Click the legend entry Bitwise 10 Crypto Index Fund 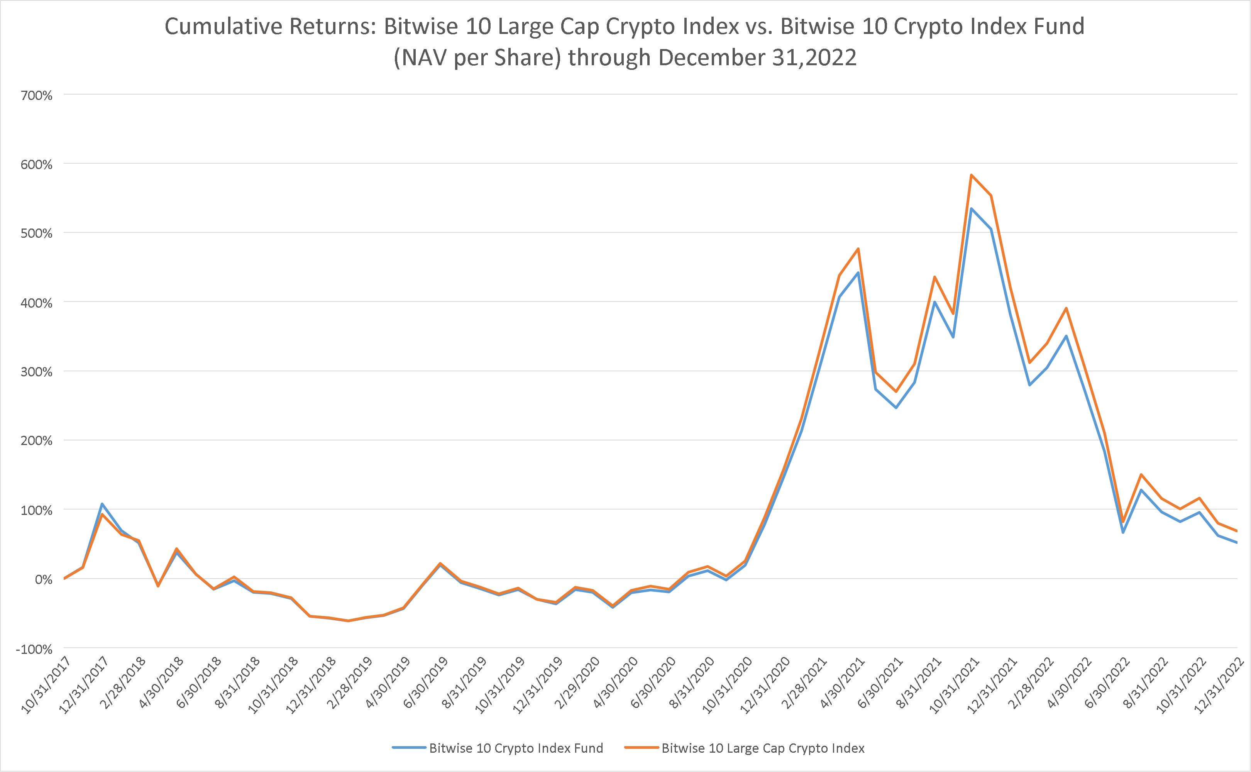[516, 748]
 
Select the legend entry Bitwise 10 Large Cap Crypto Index [763, 748]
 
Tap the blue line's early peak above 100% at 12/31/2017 [102, 504]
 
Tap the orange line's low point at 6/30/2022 [1123, 522]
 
